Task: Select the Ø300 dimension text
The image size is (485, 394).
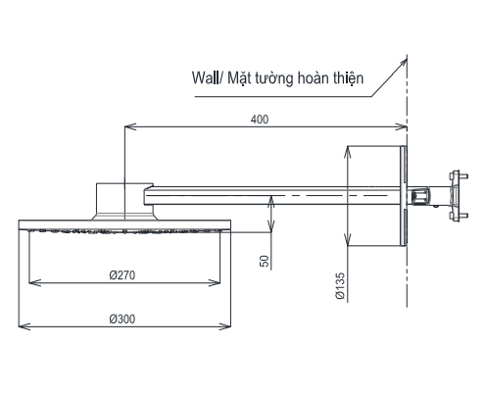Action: pyautogui.click(x=122, y=318)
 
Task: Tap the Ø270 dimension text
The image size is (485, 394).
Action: pyautogui.click(x=122, y=275)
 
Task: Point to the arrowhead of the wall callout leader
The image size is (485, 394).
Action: pyautogui.click(x=406, y=58)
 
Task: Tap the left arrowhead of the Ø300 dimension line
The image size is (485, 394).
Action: pyautogui.click(x=24, y=325)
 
